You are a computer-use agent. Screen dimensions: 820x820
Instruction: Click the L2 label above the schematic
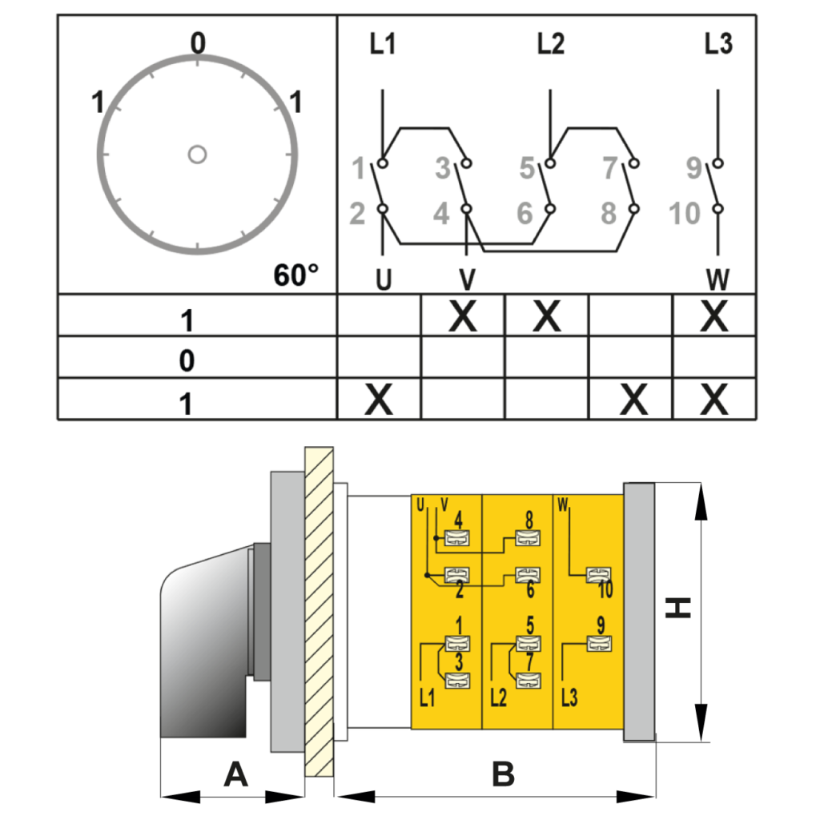tap(550, 45)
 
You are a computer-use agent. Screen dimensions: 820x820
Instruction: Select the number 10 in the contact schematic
tap(685, 214)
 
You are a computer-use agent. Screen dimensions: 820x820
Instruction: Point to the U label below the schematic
tap(384, 280)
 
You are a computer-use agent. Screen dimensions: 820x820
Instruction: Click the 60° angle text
tap(295, 276)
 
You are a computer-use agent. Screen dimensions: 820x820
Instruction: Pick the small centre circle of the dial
tap(197, 154)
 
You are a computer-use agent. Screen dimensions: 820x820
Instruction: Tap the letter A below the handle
tap(235, 774)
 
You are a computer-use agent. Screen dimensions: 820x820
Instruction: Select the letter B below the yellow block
tap(503, 774)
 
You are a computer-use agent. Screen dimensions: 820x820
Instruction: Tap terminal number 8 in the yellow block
tap(529, 519)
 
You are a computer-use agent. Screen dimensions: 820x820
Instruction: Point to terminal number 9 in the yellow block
tap(601, 624)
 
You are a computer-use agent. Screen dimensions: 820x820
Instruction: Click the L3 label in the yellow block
tap(569, 697)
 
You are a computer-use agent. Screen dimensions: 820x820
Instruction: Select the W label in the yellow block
tap(563, 504)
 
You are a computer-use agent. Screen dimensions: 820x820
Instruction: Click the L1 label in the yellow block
tap(428, 697)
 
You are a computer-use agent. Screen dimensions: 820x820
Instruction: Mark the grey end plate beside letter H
tap(638, 612)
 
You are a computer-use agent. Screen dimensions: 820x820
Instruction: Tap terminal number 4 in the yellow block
tap(459, 519)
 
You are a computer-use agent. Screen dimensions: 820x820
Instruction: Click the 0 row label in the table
tap(187, 360)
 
